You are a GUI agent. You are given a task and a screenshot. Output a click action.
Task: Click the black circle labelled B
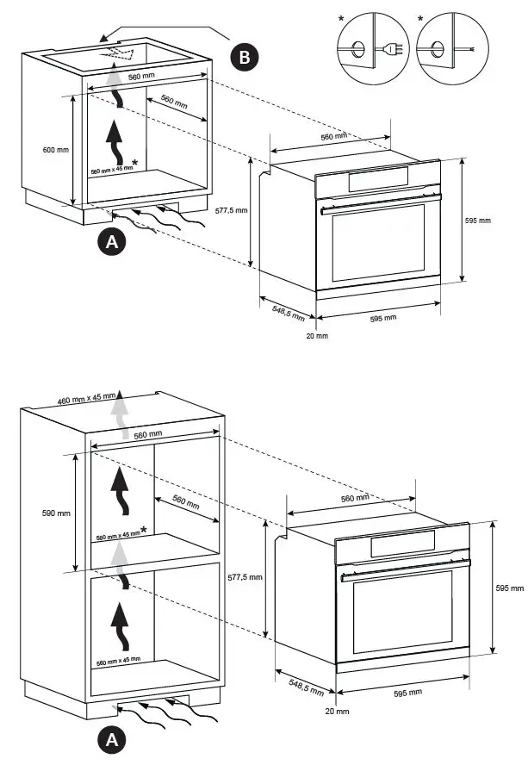(245, 57)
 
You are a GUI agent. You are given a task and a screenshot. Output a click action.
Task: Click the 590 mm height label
(56, 513)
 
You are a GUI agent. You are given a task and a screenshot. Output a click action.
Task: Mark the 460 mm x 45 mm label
(86, 399)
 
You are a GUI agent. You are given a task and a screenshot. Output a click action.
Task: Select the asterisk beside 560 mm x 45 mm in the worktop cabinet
(134, 161)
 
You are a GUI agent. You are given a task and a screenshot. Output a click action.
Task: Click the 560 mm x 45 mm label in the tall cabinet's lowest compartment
(118, 660)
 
